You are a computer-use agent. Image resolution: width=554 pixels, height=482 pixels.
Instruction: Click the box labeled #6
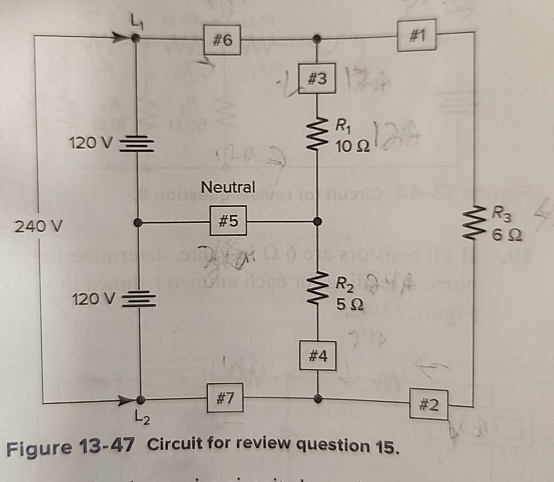pos(223,40)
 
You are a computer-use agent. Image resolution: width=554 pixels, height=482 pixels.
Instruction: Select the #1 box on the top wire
pos(417,34)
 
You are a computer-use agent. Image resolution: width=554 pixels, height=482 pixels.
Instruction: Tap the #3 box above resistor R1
pos(316,79)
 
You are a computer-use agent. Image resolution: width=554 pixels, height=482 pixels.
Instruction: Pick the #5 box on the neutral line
pos(228,221)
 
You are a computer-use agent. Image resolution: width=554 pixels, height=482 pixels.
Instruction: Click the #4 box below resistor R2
pos(318,355)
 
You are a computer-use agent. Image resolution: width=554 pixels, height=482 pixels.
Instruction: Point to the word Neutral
pos(229,187)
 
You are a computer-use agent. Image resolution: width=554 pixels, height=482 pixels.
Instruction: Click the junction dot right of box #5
pos(318,222)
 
